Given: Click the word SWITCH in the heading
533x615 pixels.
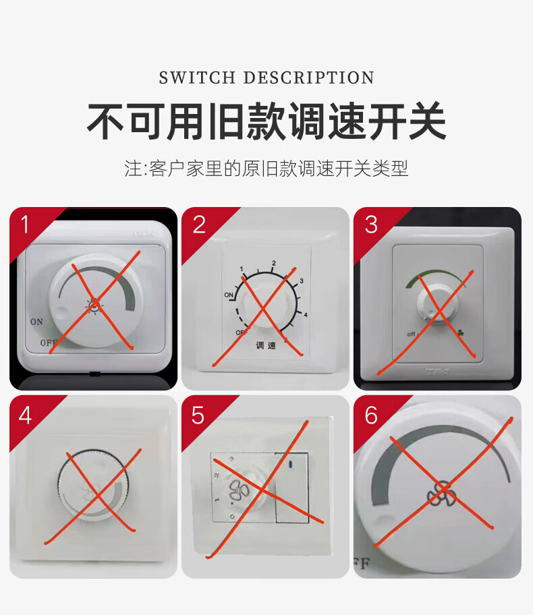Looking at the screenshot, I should (197, 78).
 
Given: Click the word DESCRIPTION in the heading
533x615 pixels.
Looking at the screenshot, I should (308, 78).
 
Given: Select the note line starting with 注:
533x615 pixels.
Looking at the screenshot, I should (266, 169).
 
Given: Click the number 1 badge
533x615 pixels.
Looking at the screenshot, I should (26, 224).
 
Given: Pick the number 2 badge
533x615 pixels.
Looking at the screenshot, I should (199, 224).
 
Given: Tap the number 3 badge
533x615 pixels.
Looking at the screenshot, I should (371, 224).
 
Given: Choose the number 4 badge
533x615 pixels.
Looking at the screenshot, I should (26, 414).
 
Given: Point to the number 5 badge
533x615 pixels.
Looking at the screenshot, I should (198, 415).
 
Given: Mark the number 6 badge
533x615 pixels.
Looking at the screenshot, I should (371, 415).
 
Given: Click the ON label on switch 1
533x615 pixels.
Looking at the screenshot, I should (36, 322).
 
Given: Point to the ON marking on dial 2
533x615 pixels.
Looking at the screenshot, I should (229, 295).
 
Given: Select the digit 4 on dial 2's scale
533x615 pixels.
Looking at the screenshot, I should (306, 315).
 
